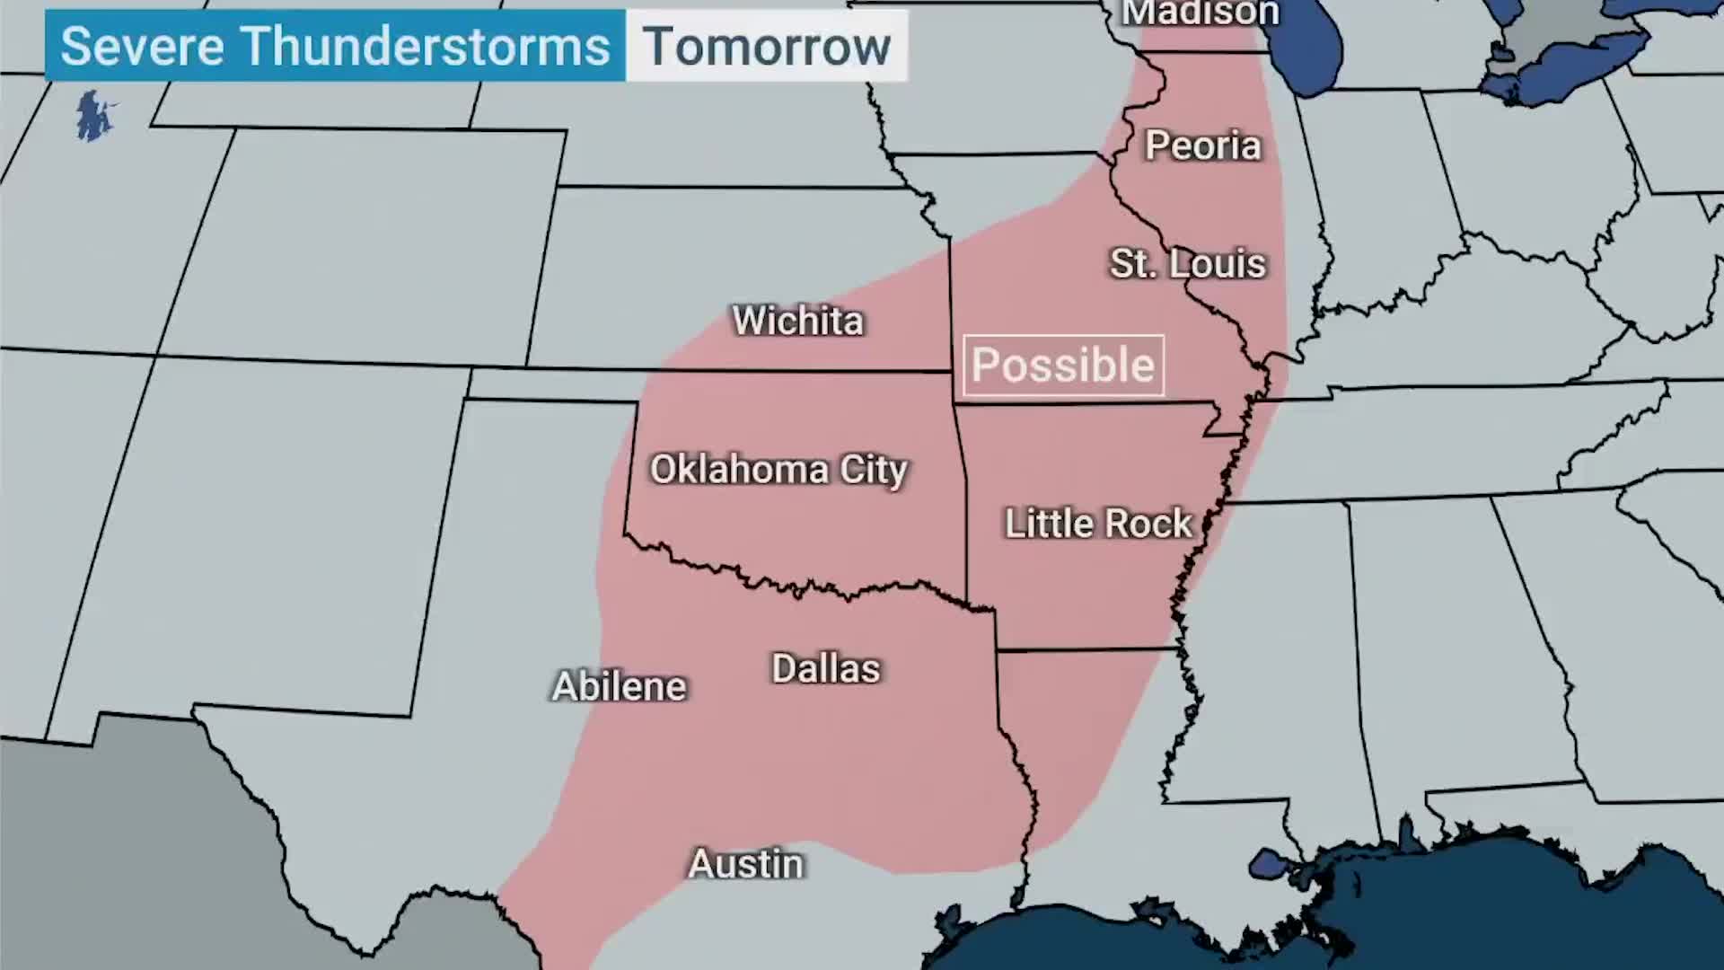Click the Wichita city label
(798, 321)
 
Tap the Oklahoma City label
(778, 470)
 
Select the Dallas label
(825, 669)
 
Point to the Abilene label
(619, 687)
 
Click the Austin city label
(746, 864)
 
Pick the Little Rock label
(1097, 524)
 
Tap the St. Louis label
(1187, 264)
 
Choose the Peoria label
(1202, 145)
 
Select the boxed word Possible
(1063, 366)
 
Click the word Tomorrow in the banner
(766, 47)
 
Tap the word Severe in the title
(142, 47)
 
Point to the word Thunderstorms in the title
(426, 47)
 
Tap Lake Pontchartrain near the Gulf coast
(1269, 864)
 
